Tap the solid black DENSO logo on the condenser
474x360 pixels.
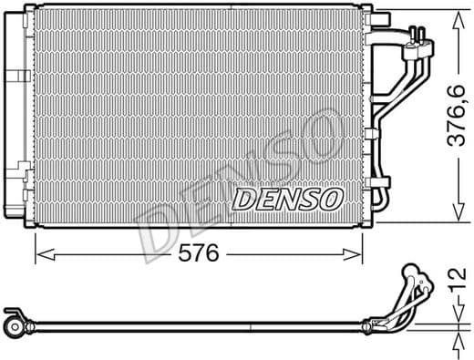pyautogui.click(x=287, y=197)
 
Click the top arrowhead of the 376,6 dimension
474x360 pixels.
pyautogui.click(x=455, y=13)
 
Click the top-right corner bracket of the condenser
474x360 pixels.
pyautogui.click(x=366, y=9)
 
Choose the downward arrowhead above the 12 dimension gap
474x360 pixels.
pyautogui.click(x=455, y=309)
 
